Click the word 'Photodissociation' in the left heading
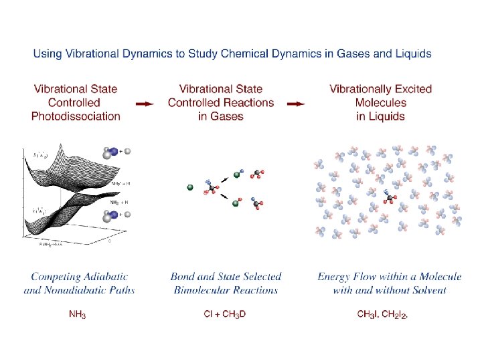coord(76,116)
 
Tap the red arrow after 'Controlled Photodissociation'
coord(145,104)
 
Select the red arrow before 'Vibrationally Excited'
coord(296,104)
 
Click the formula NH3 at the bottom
coord(78,314)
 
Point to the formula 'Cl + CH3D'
coord(225,314)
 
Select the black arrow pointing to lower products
coord(226,198)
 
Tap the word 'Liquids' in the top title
coord(412,53)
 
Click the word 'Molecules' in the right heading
coord(381,102)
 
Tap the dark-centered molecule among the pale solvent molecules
coord(390,197)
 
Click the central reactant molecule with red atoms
coord(212,188)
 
